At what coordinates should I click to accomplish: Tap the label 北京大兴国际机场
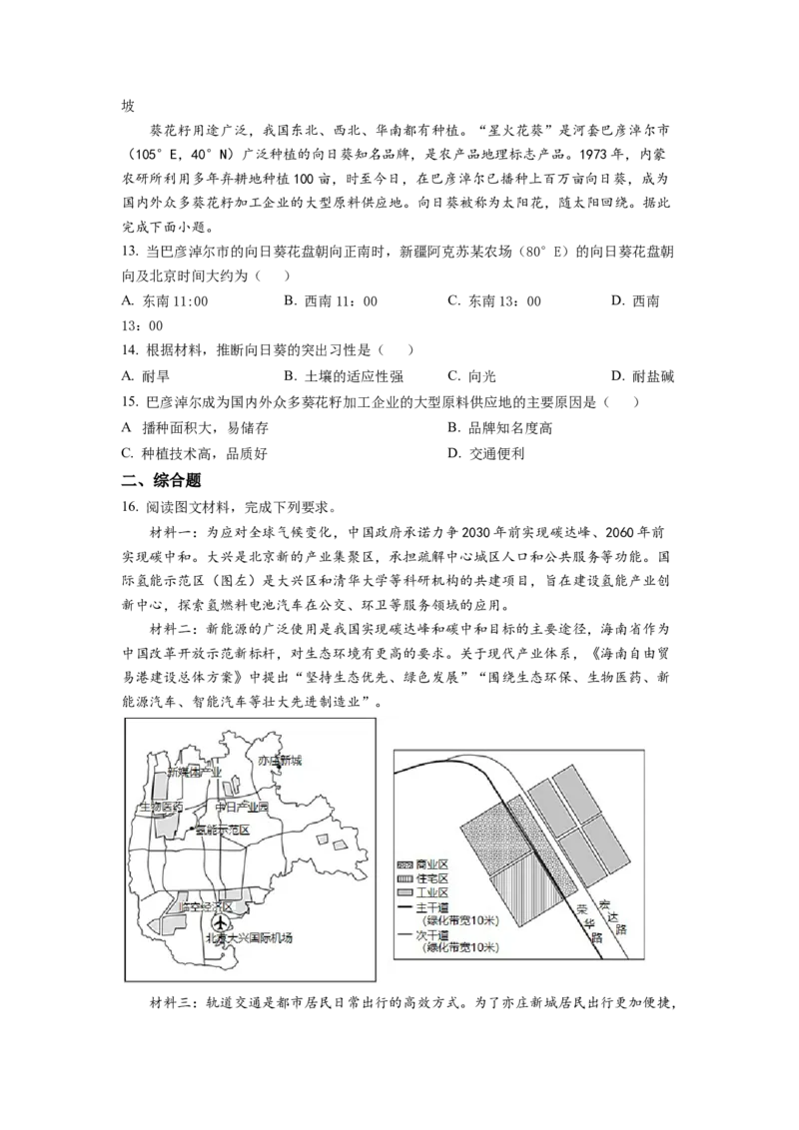point(249,938)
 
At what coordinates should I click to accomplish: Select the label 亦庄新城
point(280,761)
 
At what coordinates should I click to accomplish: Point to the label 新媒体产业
point(194,773)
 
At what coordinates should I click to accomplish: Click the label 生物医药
point(160,807)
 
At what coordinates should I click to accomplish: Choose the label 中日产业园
point(242,807)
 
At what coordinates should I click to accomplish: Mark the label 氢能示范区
point(222,830)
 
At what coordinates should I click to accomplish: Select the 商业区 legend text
point(435,862)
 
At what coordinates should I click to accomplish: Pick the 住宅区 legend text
point(435,877)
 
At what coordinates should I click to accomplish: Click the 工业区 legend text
point(435,891)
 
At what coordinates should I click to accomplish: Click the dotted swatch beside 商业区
point(405,862)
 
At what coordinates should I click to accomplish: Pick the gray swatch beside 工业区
point(405,891)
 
